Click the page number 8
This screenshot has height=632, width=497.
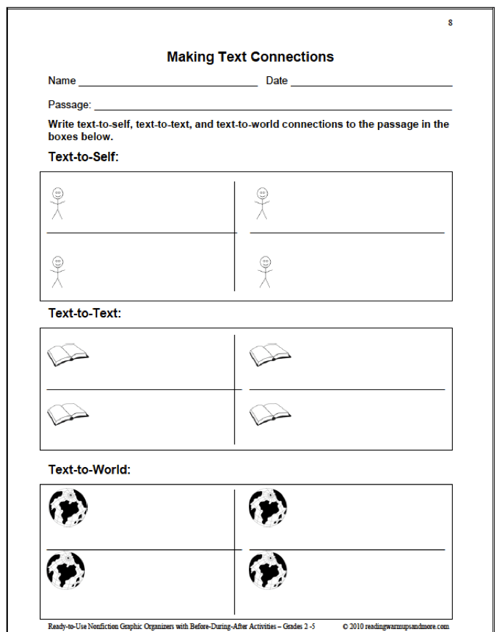[x=451, y=23]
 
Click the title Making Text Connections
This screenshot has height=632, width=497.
[x=250, y=57]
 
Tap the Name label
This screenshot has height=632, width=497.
[x=62, y=81]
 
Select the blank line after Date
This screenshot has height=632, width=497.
[x=371, y=85]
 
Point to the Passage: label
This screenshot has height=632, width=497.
[x=70, y=105]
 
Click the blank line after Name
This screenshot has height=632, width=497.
[x=168, y=85]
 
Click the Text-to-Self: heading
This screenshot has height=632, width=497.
[x=83, y=156]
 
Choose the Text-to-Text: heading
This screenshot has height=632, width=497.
[x=85, y=313]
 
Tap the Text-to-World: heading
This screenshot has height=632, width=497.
[x=89, y=469]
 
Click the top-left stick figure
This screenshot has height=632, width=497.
[x=57, y=203]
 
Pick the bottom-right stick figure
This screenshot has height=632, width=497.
[x=265, y=271]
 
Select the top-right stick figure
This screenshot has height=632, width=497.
[x=262, y=203]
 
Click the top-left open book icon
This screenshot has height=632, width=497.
[x=67, y=355]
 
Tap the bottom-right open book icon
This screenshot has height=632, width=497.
[x=270, y=414]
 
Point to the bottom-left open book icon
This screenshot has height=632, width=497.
[x=67, y=414]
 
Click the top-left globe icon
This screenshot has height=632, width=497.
[x=67, y=506]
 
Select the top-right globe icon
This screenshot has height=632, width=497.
[x=268, y=506]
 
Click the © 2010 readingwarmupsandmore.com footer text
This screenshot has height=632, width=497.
[x=395, y=626]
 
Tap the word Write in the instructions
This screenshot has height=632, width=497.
[x=62, y=124]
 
